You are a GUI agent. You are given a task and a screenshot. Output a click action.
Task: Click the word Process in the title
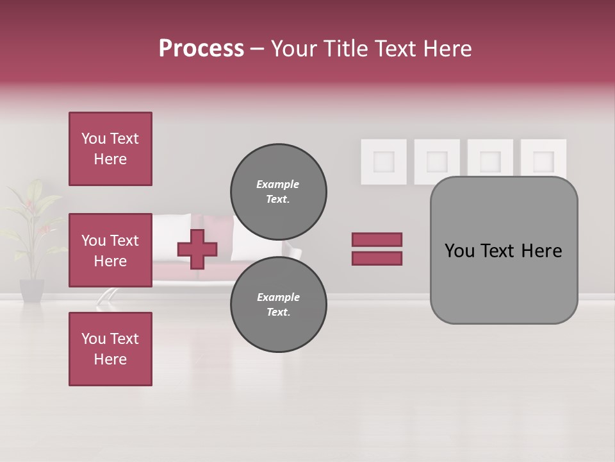pos(201,49)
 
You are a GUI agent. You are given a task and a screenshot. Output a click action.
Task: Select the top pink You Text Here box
pos(110,149)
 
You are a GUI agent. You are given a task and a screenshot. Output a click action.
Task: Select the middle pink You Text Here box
pos(110,250)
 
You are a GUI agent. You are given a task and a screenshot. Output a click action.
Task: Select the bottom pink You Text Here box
pos(110,348)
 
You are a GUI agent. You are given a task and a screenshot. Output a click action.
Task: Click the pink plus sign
pos(197,249)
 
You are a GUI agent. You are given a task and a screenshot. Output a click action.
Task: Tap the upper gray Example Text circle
pos(278,191)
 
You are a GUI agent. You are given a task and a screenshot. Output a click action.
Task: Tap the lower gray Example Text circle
pos(278,304)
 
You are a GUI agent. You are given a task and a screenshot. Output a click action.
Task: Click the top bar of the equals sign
pos(377,239)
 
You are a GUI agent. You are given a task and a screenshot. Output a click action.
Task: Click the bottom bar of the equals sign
pos(377,258)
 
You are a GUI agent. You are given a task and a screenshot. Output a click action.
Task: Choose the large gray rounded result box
pos(504,250)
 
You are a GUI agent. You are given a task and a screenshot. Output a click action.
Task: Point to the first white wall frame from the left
pos(384,161)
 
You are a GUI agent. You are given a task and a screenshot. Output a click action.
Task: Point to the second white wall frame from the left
pos(437,160)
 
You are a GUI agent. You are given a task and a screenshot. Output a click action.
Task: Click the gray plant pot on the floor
pos(31,290)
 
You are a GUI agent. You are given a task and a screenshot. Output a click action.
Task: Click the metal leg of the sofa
pos(106,296)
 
